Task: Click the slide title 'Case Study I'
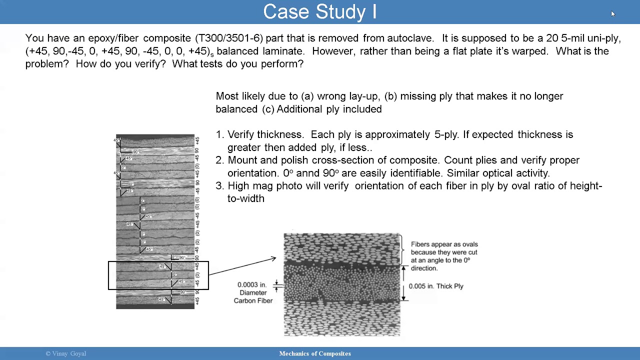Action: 319,12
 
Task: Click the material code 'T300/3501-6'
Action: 229,38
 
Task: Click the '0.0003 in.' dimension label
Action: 253,285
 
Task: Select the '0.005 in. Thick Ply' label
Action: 436,286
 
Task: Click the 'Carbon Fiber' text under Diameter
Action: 253,301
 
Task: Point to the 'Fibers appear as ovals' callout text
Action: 444,244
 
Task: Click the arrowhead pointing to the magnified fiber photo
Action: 273,258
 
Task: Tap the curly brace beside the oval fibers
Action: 402,249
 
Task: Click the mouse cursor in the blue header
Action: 612,13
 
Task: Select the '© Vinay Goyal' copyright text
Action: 66,354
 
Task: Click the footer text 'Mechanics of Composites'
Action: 315,354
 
